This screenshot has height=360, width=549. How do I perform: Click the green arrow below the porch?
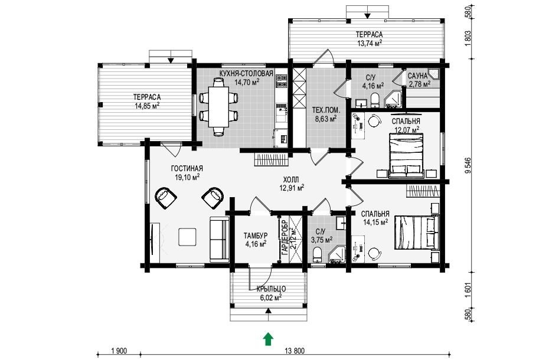pyautogui.click(x=268, y=339)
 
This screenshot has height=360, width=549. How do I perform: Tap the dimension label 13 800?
pyautogui.click(x=295, y=351)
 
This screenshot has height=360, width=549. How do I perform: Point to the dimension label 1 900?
pyautogui.click(x=119, y=351)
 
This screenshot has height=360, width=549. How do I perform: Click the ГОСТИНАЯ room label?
pyautogui.click(x=187, y=169)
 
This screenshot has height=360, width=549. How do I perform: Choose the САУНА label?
pyautogui.click(x=417, y=76)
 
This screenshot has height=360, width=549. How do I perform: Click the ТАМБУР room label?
pyautogui.click(x=256, y=235)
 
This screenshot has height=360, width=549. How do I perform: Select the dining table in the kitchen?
pyautogui.click(x=219, y=107)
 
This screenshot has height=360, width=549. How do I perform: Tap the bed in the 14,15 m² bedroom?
pyautogui.click(x=417, y=233)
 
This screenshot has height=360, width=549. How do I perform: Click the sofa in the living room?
pyautogui.click(x=219, y=239)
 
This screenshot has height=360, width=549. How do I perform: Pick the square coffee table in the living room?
pyautogui.click(x=187, y=237)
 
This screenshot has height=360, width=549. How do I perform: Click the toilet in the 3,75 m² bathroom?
pyautogui.click(x=318, y=254)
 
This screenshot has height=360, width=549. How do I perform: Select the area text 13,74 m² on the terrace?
pyautogui.click(x=369, y=43)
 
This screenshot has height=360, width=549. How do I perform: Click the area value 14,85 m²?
pyautogui.click(x=147, y=106)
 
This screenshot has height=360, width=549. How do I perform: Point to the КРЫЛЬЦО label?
pyautogui.click(x=271, y=289)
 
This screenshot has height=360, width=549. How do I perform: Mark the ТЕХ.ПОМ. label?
pyautogui.click(x=326, y=111)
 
